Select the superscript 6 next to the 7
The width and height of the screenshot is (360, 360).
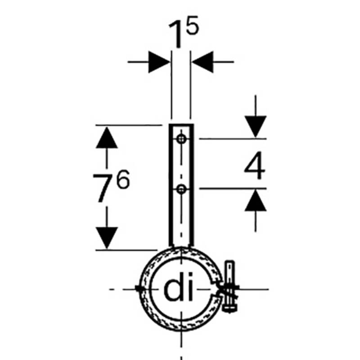coord(123,179)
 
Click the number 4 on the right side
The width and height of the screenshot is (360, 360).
coord(254,165)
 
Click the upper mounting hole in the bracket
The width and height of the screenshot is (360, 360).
coord(181,139)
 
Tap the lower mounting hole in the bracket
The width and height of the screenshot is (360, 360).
coord(181,189)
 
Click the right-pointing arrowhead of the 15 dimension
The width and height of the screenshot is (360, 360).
coord(159,62)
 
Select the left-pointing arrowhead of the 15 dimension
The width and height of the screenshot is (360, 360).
coord(203,62)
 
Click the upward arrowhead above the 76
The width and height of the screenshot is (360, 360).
coord(107,138)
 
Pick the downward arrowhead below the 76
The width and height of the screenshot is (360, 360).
coord(107,238)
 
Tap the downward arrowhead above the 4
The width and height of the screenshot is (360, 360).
coord(256,126)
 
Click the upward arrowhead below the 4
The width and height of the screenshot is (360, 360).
coord(256,200)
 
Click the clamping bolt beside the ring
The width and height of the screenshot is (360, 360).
coord(230,287)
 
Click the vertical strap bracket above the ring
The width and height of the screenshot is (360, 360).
coord(181,185)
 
